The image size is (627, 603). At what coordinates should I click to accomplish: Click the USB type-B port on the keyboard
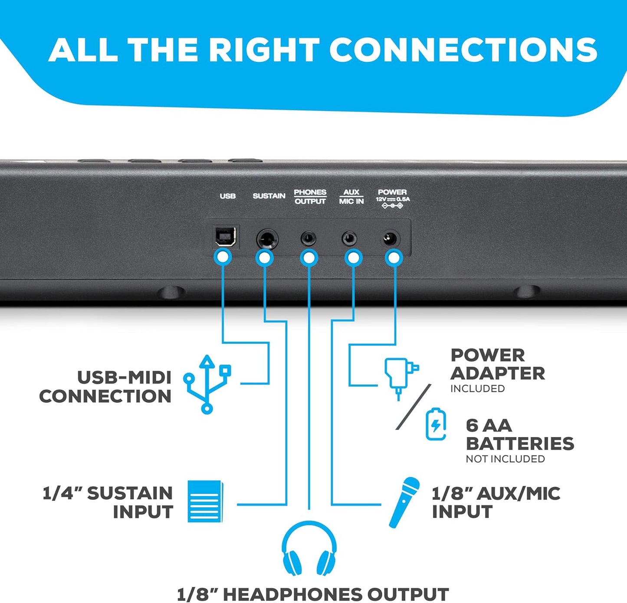tap(226, 237)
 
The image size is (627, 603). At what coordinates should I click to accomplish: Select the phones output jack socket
tap(309, 239)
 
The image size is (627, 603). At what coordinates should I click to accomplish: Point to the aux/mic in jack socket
tap(349, 239)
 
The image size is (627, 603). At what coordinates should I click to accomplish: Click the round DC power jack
tap(391, 239)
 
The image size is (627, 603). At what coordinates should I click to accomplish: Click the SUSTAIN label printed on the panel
tap(269, 196)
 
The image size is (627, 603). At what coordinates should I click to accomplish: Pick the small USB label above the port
tap(227, 196)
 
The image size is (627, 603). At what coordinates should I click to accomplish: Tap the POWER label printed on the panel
tap(392, 192)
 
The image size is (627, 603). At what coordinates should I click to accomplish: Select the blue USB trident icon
tap(207, 385)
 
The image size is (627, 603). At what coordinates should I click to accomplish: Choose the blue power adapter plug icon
tap(401, 379)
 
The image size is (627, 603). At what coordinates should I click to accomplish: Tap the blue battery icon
tap(436, 424)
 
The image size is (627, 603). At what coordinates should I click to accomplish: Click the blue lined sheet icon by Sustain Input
tap(205, 501)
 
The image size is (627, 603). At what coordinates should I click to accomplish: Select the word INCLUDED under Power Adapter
tap(477, 388)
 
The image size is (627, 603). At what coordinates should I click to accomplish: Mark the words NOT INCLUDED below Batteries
tap(505, 459)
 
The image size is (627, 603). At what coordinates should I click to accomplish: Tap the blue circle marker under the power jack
tap(394, 258)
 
